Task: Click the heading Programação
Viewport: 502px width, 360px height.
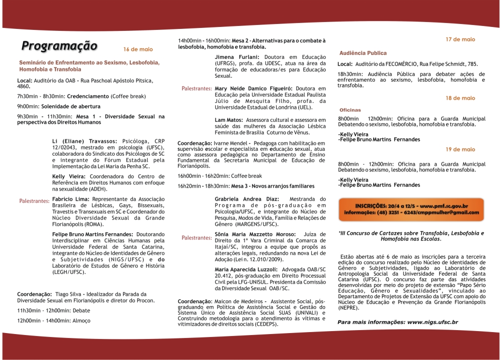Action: tap(59, 46)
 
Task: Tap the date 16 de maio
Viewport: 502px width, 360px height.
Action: tap(138, 49)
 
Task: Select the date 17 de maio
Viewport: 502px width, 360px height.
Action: tap(460, 39)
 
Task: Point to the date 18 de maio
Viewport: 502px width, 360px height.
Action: tap(460, 98)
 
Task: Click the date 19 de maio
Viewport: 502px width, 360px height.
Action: tap(460, 149)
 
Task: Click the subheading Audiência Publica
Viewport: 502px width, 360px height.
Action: tap(363, 53)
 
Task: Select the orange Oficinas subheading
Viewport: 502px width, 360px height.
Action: tap(350, 110)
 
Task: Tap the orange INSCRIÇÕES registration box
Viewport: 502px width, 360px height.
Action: tap(411, 209)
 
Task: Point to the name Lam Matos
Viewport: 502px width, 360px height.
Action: tap(229, 120)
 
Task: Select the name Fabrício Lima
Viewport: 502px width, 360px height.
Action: tap(70, 199)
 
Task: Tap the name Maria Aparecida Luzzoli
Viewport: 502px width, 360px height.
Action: tap(246, 270)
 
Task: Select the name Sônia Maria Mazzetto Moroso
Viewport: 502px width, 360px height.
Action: tap(255, 235)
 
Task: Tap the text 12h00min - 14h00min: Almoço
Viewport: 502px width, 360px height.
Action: tap(54, 320)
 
